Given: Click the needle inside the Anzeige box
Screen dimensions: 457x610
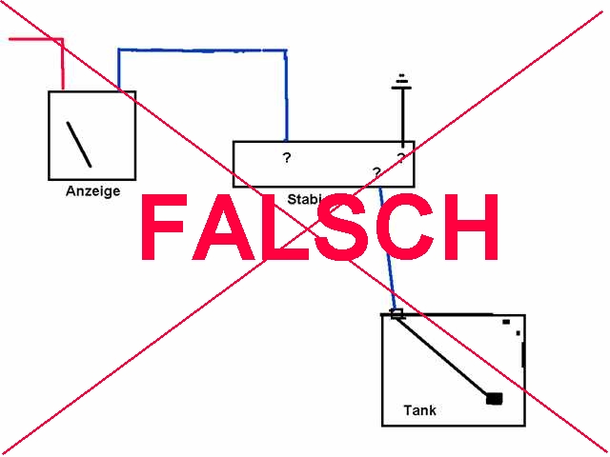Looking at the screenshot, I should pyautogui.click(x=78, y=144).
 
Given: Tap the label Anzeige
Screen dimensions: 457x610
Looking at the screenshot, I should pyautogui.click(x=92, y=191).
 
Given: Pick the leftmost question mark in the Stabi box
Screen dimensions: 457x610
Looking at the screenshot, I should pyautogui.click(x=287, y=157).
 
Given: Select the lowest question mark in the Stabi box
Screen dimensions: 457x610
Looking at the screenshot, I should pyautogui.click(x=376, y=172).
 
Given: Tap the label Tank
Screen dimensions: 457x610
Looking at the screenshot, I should pyautogui.click(x=419, y=410).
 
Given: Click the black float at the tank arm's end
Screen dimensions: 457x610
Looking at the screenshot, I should pyautogui.click(x=494, y=398).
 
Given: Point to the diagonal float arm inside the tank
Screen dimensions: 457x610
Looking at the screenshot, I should pyautogui.click(x=443, y=356).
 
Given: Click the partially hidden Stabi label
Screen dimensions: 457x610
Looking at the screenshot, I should pyautogui.click(x=305, y=199).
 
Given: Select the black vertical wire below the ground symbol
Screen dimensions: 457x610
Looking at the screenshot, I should pyautogui.click(x=403, y=119).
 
